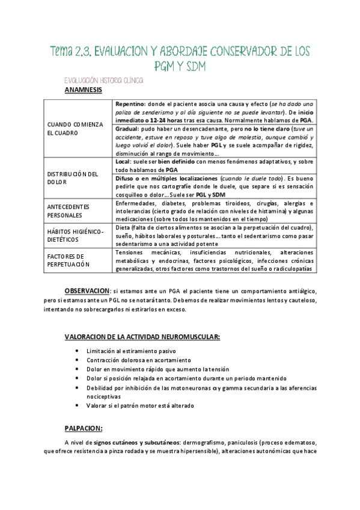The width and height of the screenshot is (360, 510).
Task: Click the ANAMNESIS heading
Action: pos(83,90)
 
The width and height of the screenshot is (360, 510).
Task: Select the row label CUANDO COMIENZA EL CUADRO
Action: pos(75,128)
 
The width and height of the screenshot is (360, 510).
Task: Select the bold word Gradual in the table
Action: pos(128,129)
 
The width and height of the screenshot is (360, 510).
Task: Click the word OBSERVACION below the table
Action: pos(87,290)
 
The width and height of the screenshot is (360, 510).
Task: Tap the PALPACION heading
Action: pos(84,428)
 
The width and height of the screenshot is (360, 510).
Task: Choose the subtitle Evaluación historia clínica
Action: pos(103,80)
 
